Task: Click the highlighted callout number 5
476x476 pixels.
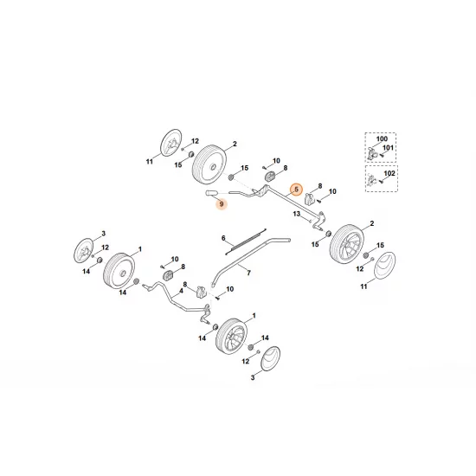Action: coord(296,189)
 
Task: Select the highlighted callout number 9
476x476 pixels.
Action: coord(222,204)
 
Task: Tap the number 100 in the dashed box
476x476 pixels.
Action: coord(382,138)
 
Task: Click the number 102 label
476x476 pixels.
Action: coord(389,174)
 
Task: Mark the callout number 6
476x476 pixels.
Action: coord(223,238)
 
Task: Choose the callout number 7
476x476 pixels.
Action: coord(248,273)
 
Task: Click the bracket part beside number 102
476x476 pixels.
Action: coord(370,181)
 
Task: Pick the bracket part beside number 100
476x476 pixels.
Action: coord(370,154)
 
